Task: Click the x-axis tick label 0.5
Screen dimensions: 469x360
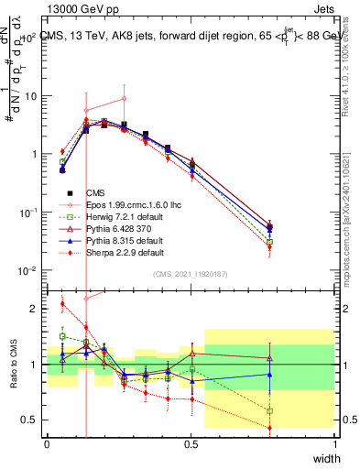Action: [x=191, y=443]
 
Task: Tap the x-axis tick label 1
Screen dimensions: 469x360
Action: [x=335, y=443]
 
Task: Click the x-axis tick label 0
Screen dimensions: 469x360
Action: [x=47, y=443]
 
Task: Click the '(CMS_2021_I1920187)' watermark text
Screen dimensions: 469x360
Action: [x=191, y=274]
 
